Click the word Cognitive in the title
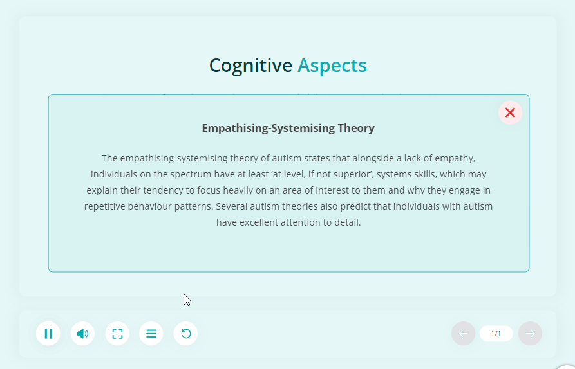pos(250,66)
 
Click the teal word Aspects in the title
pos(332,66)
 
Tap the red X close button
pos(510,113)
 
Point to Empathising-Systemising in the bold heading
pos(269,128)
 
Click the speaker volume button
pos(82,334)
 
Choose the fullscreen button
pos(117,334)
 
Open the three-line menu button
pos(151,334)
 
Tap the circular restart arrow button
pos(185,334)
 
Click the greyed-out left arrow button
pos(463,334)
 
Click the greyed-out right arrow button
pos(531,334)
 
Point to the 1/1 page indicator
pos(496,334)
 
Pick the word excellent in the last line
pos(258,222)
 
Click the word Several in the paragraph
pos(230,206)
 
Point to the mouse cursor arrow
pos(187,300)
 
